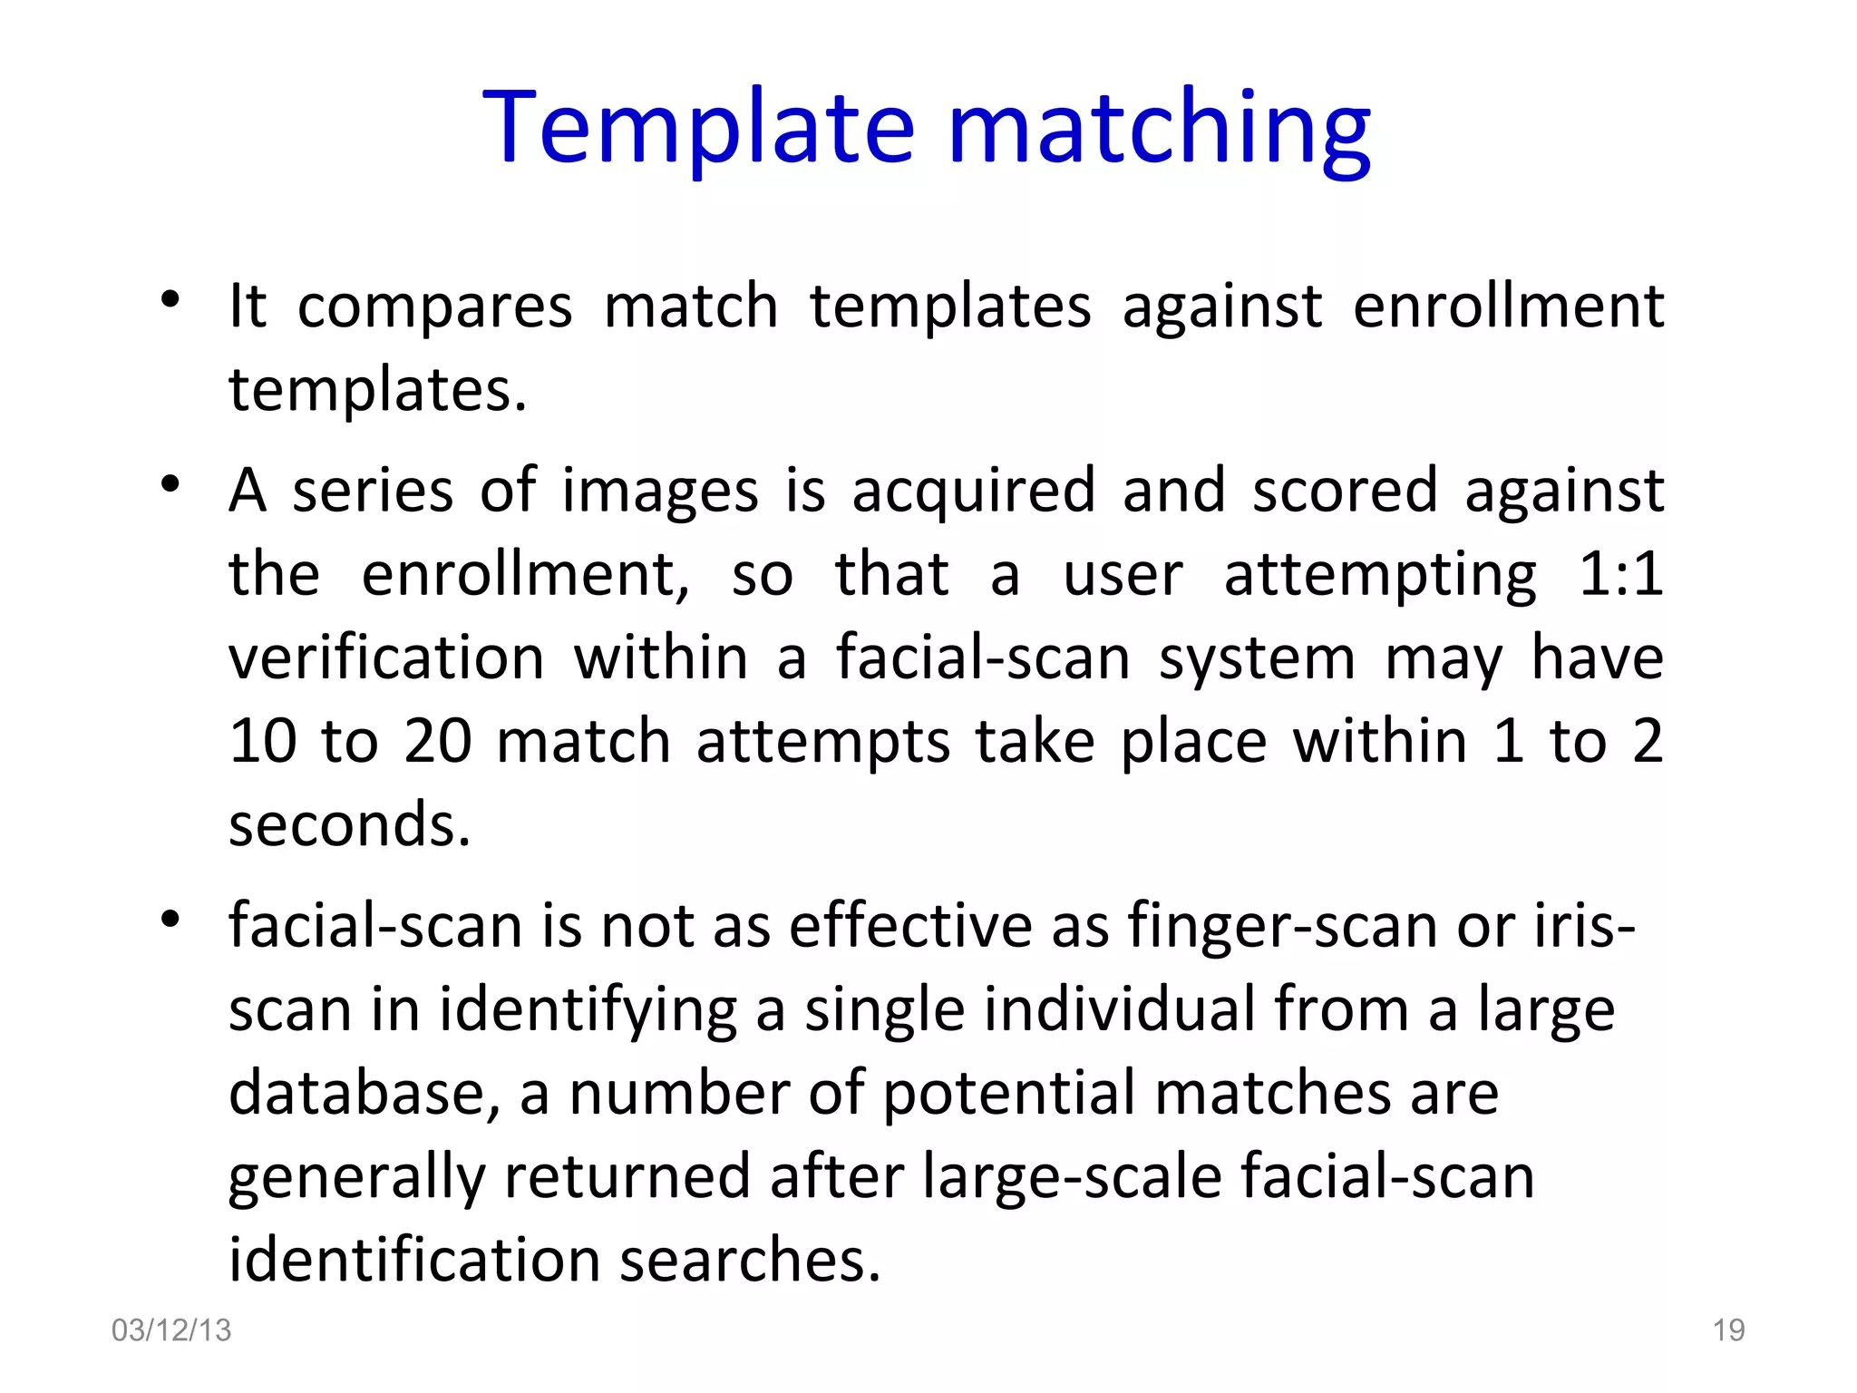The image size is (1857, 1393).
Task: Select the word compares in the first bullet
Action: click(435, 307)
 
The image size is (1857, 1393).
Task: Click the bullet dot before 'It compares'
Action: click(170, 299)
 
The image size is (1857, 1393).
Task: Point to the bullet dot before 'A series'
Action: click(170, 483)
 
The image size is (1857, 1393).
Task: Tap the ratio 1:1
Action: click(1620, 574)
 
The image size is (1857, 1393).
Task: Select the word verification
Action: click(386, 658)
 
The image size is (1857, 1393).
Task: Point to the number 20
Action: click(438, 741)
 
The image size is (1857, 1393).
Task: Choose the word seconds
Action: click(349, 825)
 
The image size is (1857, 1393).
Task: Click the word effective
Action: click(910, 927)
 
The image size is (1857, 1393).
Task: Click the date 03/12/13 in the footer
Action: click(171, 1330)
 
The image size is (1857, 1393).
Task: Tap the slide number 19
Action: click(1728, 1330)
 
